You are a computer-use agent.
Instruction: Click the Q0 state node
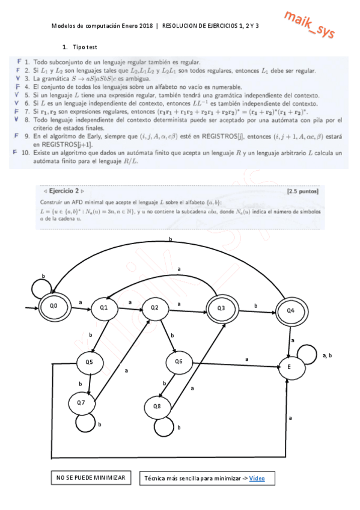pos(53,306)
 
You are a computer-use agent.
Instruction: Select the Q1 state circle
pos(103,308)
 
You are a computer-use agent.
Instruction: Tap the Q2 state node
pos(154,308)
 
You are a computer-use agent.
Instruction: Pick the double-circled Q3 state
pos(221,308)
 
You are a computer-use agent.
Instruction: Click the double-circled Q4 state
pos(290,311)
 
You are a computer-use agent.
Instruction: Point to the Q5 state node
pos(89,362)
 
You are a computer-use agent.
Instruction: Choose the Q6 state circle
pos(178,361)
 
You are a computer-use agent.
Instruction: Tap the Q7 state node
pos(81,402)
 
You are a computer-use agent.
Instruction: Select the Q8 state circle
pos(157,407)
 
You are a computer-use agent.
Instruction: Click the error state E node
pos(290,366)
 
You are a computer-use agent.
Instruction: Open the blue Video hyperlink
pos(257,478)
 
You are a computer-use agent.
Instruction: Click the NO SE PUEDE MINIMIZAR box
pos(91,478)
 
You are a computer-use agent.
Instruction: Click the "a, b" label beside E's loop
pos(328,355)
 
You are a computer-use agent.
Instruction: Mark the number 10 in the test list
pos(25,153)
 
